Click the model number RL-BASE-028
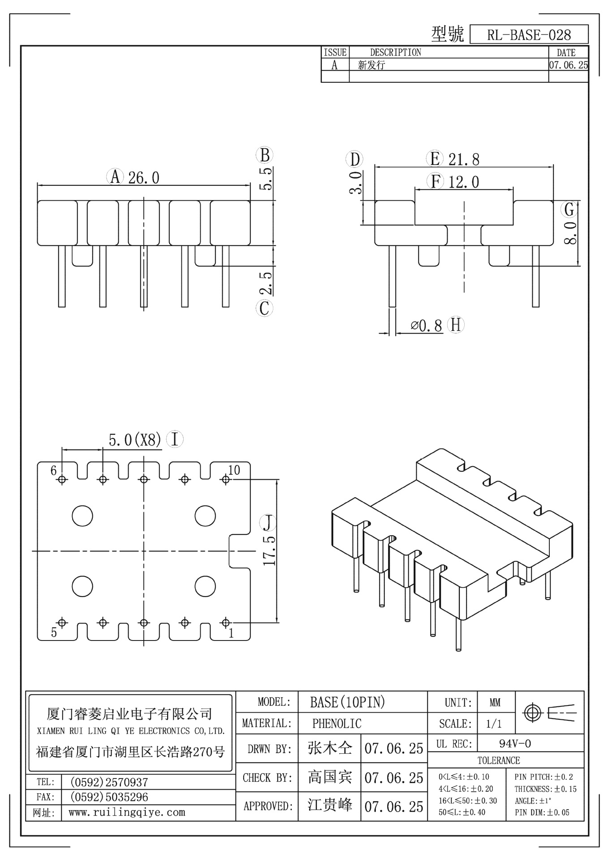[529, 35]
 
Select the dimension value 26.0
[143, 178]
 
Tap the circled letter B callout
[264, 155]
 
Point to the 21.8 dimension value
[464, 159]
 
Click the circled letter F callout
[435, 182]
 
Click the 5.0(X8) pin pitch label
[134, 440]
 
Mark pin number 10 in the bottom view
[234, 470]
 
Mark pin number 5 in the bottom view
[54, 632]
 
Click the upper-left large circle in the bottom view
[82, 516]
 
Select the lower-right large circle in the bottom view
[205, 586]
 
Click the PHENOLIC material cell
[336, 723]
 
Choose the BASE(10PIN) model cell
[347, 702]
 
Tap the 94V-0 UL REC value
[515, 744]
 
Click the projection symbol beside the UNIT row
[549, 712]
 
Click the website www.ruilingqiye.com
[126, 813]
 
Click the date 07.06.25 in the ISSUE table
[568, 65]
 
